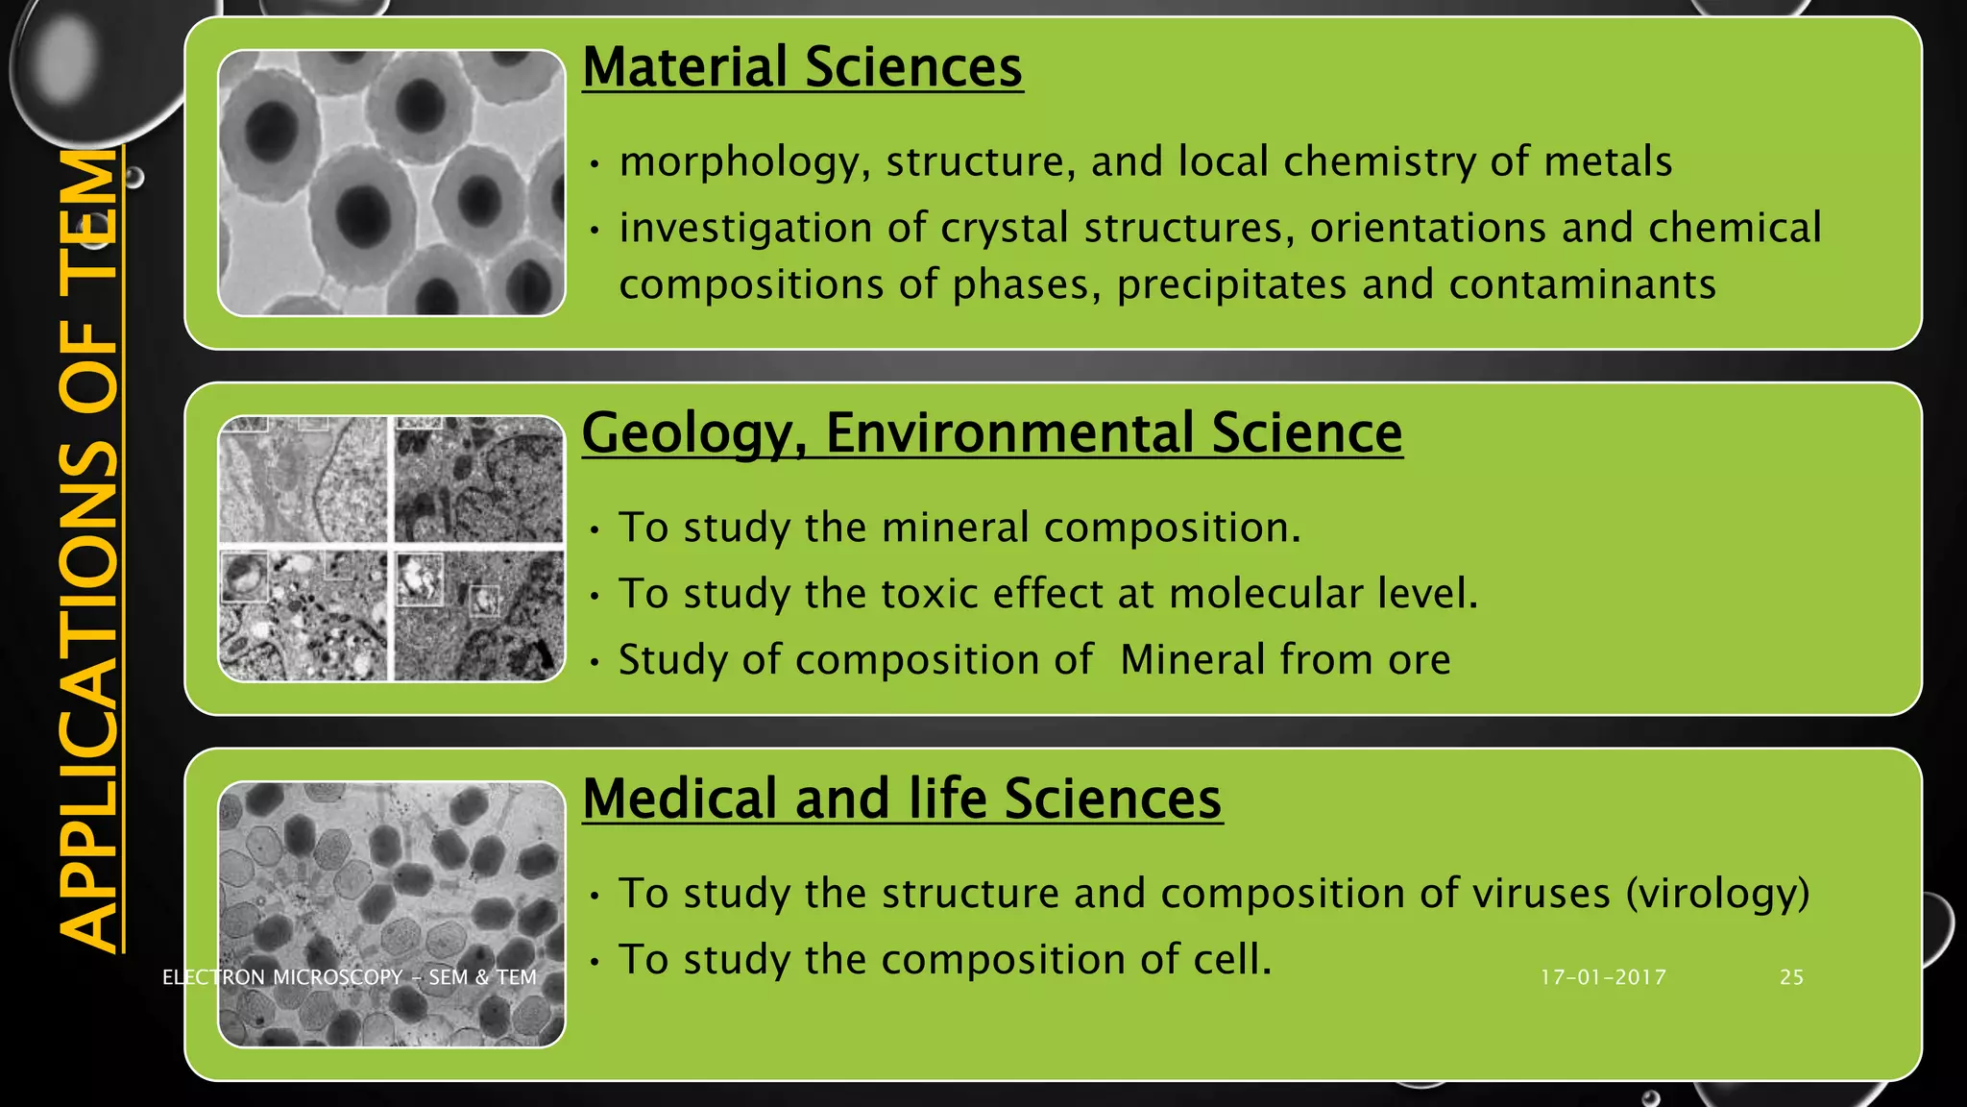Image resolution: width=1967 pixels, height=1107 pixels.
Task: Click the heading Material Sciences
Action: (802, 67)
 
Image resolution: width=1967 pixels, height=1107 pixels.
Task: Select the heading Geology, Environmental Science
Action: (991, 432)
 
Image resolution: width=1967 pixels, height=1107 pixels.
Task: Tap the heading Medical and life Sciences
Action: (902, 799)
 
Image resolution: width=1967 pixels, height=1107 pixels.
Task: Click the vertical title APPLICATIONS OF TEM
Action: (88, 548)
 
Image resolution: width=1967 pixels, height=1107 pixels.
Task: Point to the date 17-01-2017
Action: (1603, 977)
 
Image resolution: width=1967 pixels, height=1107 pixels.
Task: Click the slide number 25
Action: (1791, 977)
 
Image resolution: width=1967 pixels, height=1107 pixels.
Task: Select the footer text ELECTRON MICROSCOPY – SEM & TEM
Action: (350, 977)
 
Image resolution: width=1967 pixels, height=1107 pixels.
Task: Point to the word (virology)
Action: (1717, 894)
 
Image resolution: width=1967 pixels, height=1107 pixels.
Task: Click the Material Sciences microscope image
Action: (392, 183)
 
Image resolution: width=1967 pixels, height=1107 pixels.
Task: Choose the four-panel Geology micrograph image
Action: (392, 549)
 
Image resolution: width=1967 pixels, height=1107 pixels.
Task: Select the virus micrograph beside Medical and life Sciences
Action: (392, 914)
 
